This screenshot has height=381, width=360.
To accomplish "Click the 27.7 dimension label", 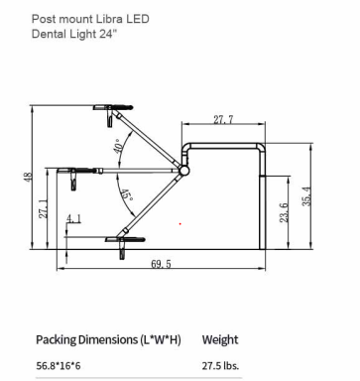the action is click(x=223, y=119).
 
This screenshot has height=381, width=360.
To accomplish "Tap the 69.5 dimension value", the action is click(x=161, y=264).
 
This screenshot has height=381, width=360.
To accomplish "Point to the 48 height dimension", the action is click(x=28, y=177).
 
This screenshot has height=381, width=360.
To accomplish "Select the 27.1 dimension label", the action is click(x=44, y=208).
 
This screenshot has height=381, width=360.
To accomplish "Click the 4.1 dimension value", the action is click(x=73, y=219).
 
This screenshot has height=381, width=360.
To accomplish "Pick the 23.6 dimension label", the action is click(x=284, y=212).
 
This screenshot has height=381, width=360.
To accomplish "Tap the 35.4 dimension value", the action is click(x=306, y=196).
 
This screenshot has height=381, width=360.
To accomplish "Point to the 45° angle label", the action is click(x=126, y=196).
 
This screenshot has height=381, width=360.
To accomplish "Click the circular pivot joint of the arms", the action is click(x=183, y=171).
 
